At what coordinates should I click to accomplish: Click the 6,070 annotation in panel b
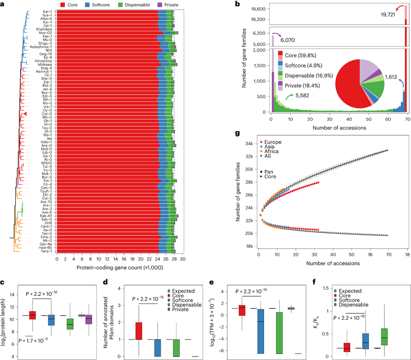pos(286,40)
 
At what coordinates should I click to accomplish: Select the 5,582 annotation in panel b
pos(302,95)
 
